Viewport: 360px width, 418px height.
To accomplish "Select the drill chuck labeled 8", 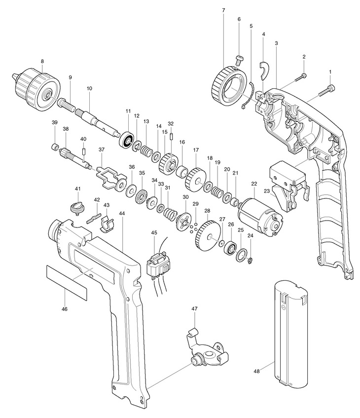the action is [x=36, y=89].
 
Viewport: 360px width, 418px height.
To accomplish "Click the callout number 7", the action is [x=223, y=10].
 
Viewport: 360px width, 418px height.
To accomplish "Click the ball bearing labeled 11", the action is [x=127, y=139].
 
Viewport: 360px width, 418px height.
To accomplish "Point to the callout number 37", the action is [x=102, y=150].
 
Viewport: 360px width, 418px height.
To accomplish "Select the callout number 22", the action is [x=254, y=184].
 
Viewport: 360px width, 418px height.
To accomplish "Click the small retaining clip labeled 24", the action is [x=250, y=261].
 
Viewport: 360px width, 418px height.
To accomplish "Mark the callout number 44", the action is [x=122, y=213].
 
